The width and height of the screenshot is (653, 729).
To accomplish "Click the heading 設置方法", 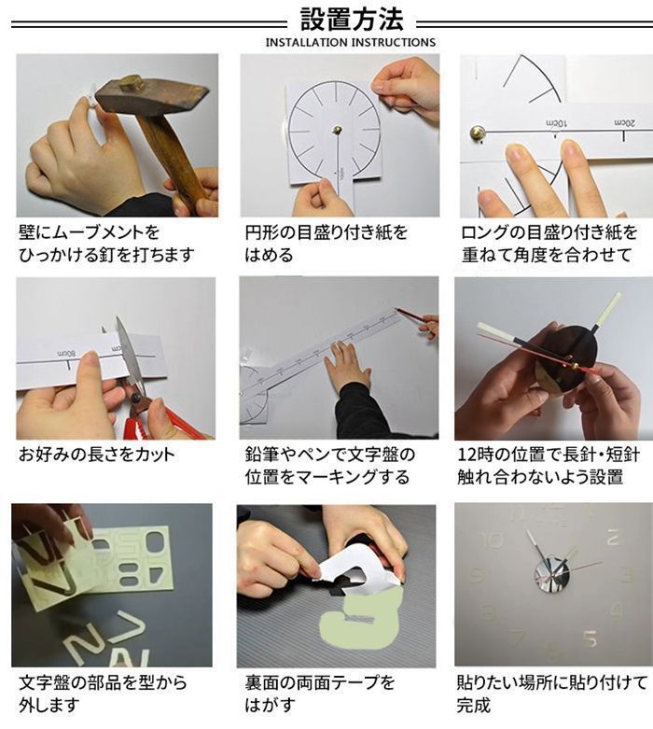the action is tap(352, 19).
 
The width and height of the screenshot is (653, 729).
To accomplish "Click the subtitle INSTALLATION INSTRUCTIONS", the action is tap(351, 42).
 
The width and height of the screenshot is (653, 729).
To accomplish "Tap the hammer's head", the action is tap(152, 97).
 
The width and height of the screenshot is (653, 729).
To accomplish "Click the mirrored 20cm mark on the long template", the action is tap(625, 123).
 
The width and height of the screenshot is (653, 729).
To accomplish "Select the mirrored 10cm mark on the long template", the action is tap(556, 123).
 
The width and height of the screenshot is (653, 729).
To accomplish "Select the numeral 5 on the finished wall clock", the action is tap(590, 638).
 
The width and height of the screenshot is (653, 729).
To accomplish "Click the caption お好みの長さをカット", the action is tap(97, 455).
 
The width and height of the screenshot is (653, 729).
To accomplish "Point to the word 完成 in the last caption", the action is tap(474, 706).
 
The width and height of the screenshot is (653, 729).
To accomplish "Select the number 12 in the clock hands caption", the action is tap(466, 455).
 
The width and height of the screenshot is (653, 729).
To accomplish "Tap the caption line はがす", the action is tap(270, 706).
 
